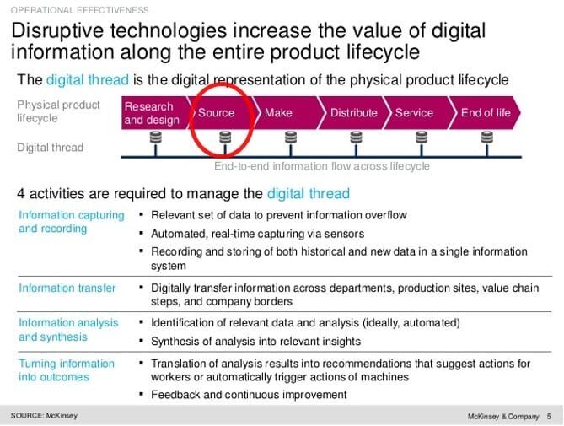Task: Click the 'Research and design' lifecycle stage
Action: [x=154, y=113]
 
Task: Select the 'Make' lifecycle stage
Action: [x=284, y=113]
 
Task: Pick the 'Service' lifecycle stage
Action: [x=417, y=113]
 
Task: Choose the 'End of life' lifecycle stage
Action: [x=484, y=113]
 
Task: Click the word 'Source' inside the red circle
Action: [x=216, y=113]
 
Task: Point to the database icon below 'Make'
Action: [x=291, y=138]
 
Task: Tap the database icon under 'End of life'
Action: [x=487, y=138]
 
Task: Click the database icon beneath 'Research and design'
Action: [x=156, y=138]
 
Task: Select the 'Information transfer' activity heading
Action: [x=67, y=288]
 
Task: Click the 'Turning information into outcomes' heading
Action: [x=67, y=370]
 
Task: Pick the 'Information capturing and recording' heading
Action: [x=71, y=222]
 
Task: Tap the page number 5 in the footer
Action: [x=549, y=416]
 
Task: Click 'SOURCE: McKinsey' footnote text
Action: [x=44, y=416]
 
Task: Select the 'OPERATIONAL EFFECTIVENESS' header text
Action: [x=79, y=10]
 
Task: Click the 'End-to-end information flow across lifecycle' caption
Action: [x=322, y=166]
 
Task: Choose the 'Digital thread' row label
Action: [x=51, y=148]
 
